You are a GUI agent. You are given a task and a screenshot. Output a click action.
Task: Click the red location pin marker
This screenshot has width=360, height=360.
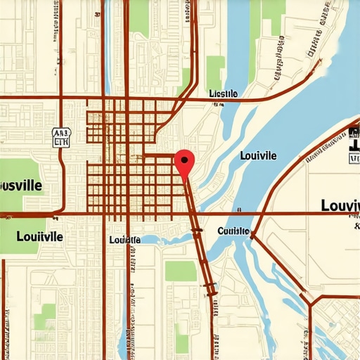point(184,163)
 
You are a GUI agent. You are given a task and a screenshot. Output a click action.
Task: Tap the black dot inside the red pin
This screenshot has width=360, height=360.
point(184,160)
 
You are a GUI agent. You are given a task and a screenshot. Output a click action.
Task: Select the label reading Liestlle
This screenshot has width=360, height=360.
point(224,94)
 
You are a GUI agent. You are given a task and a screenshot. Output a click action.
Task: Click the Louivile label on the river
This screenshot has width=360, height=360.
point(258,155)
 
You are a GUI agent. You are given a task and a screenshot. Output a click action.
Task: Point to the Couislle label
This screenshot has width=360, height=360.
point(233,231)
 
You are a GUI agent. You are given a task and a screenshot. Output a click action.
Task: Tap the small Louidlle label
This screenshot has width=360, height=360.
point(125,240)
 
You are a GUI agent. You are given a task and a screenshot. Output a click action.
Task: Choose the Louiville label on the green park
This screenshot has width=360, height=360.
point(39,237)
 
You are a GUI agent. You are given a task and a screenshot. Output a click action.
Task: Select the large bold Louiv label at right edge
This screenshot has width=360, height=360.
point(340,205)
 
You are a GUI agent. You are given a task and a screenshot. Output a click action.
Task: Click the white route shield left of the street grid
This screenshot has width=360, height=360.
point(62,136)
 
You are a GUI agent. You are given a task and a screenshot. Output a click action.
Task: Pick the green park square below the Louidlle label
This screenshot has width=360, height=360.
point(181,271)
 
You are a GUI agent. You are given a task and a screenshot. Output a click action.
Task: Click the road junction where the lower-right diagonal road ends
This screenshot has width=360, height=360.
point(310,304)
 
